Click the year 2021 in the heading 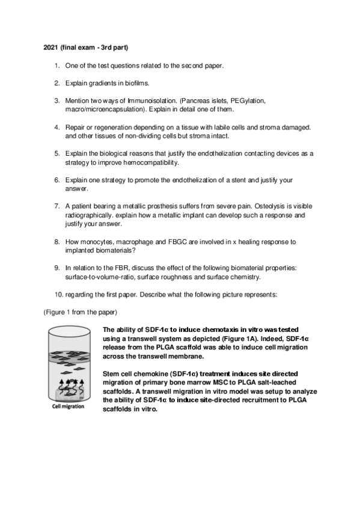pyautogui.click(x=51, y=47)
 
